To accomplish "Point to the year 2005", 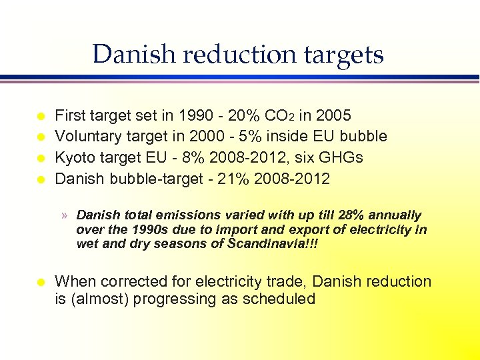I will click(333, 115).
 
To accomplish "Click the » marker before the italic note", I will click(64, 215).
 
